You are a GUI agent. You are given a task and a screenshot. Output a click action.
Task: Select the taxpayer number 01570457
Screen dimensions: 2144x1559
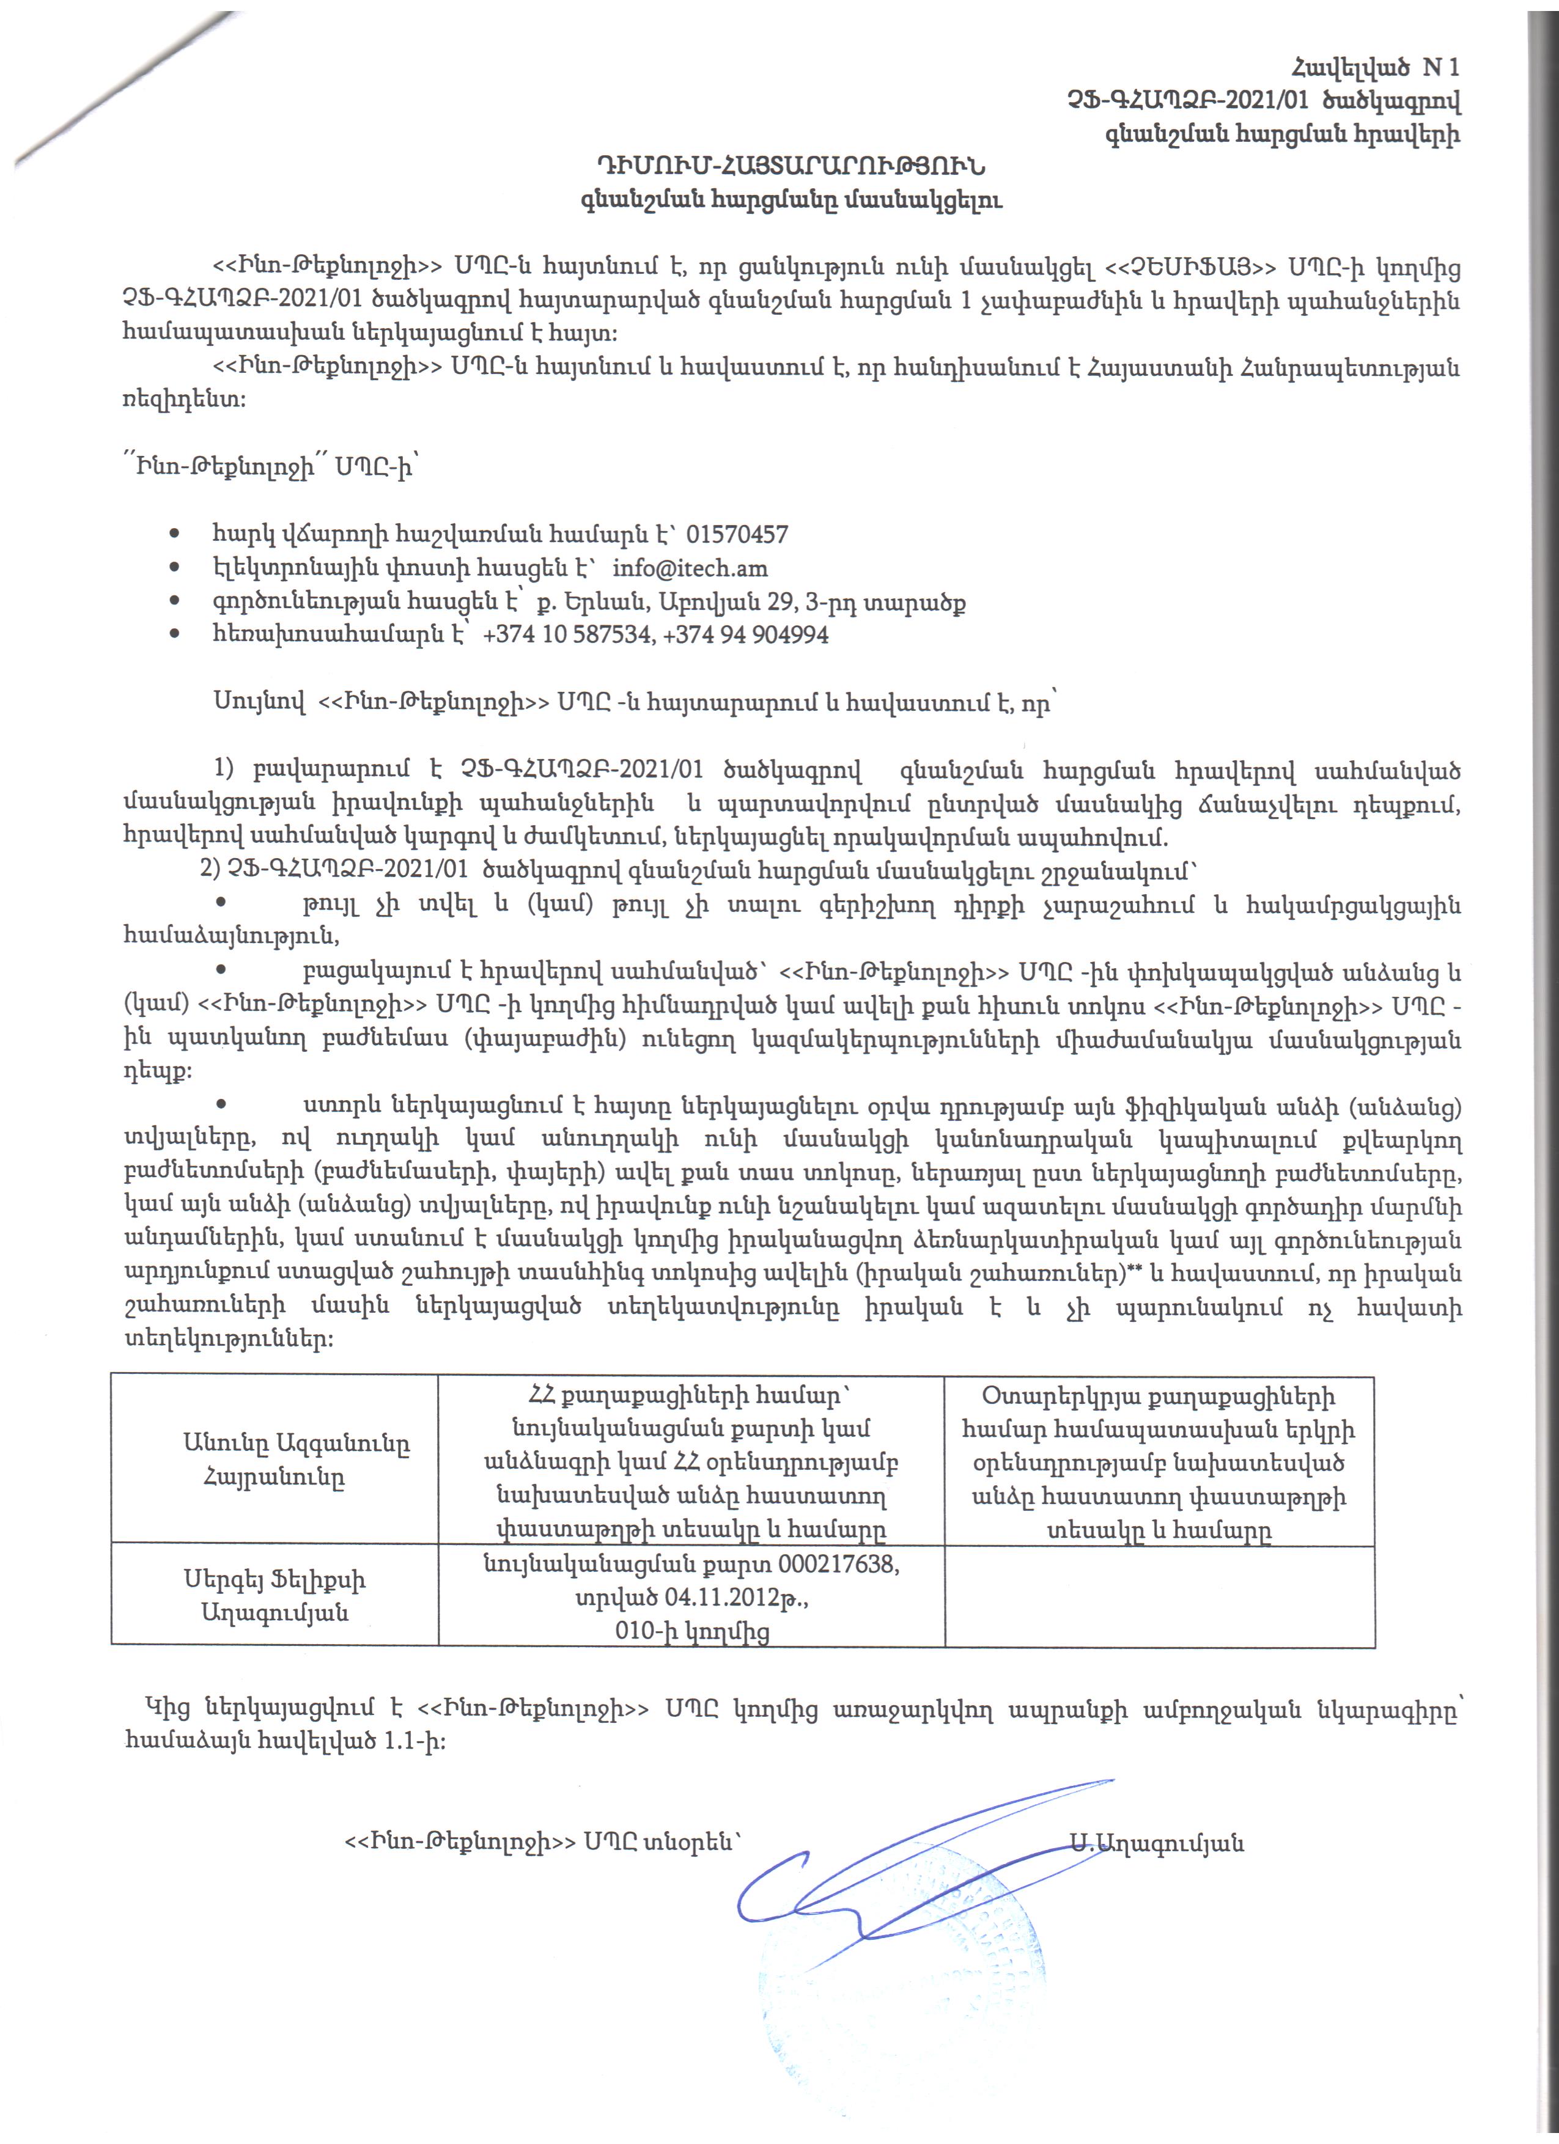[x=737, y=535]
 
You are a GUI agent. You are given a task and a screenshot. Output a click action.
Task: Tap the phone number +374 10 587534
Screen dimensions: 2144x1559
[x=568, y=634]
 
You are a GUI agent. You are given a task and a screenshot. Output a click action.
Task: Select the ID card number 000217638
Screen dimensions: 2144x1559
[x=841, y=1565]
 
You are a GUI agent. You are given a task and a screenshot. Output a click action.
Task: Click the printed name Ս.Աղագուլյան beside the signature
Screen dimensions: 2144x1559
[x=1157, y=1843]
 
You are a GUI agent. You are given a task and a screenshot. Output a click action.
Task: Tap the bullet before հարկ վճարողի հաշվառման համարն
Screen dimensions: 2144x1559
[x=174, y=535]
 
